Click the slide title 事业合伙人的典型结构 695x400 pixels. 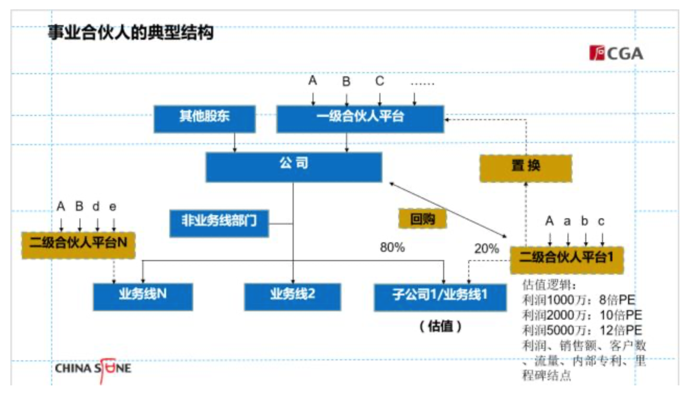(x=131, y=33)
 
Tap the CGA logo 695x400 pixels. (x=616, y=53)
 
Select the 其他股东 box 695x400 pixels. (x=204, y=118)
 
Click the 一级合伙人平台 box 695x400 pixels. (x=360, y=118)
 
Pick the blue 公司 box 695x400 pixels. (x=294, y=166)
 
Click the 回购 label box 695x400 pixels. (x=423, y=219)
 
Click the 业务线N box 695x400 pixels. (x=142, y=296)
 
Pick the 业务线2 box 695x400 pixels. (x=293, y=296)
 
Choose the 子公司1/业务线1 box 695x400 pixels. (x=440, y=297)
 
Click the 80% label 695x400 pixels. (x=392, y=248)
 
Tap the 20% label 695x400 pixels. (x=487, y=249)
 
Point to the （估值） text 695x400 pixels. (x=440, y=327)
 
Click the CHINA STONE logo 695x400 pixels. (x=93, y=369)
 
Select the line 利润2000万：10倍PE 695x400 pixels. (x=582, y=315)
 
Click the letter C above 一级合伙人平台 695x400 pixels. (x=380, y=81)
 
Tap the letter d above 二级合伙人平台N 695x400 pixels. (x=96, y=207)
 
